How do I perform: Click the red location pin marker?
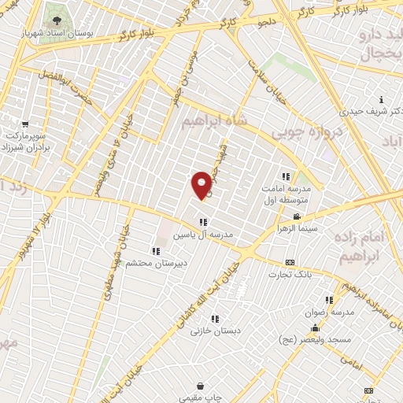click(x=202, y=184)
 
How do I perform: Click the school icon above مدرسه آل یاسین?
click(x=203, y=222)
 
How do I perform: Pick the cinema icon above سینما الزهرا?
click(x=296, y=216)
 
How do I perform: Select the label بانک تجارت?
click(x=290, y=275)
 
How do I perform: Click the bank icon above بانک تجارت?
click(x=290, y=262)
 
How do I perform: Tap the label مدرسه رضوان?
click(x=331, y=312)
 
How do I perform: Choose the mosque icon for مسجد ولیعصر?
click(x=315, y=328)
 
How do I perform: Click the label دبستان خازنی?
click(x=215, y=331)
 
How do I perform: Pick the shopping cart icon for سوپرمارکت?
click(x=26, y=124)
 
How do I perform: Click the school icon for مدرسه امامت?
click(x=285, y=176)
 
